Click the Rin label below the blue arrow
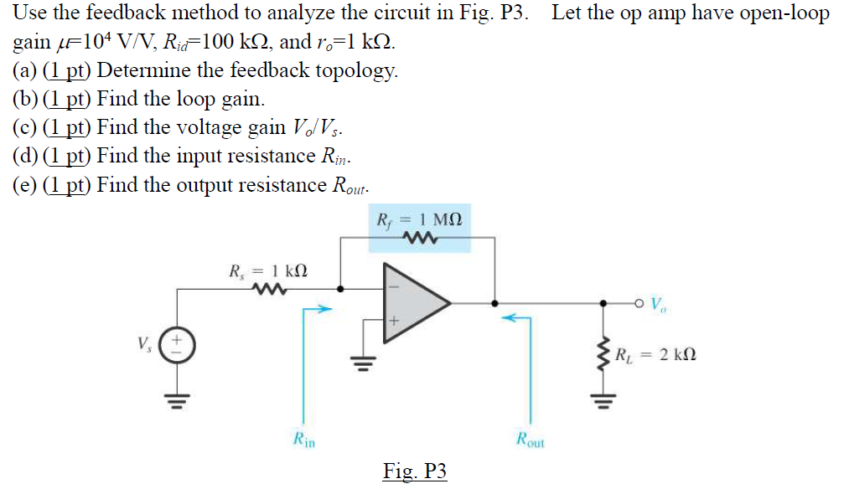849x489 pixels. click(x=303, y=437)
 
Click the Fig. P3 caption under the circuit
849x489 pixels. click(x=415, y=471)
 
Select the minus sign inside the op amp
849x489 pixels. click(x=393, y=286)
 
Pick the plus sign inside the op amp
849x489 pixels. click(x=394, y=320)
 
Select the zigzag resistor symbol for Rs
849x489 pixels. click(x=267, y=290)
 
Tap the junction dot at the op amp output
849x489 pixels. click(x=495, y=303)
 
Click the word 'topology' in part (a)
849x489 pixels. click(x=356, y=71)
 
